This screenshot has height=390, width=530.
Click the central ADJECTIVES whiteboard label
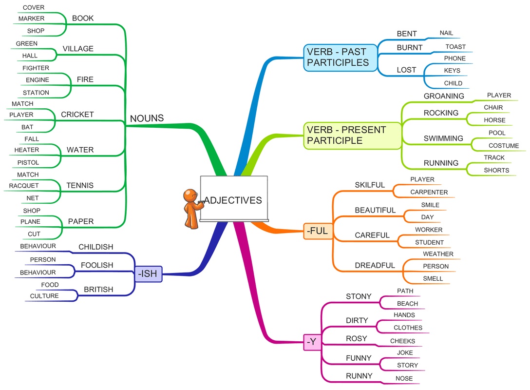pos(233,200)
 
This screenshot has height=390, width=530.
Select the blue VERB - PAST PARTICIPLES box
pos(341,57)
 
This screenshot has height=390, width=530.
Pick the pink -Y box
pos(312,343)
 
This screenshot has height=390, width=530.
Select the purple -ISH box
pos(148,274)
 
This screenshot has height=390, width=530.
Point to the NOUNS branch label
pos(147,118)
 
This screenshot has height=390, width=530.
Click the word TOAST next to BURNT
pos(455,47)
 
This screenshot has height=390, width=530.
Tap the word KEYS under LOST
pos(452,71)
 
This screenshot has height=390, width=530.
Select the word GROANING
pos(444,96)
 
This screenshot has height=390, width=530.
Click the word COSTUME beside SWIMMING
pos(504,146)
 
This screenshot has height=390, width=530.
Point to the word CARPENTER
pos(429,192)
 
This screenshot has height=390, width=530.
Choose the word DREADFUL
pos(375,266)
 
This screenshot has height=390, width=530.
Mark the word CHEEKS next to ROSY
pos(402,341)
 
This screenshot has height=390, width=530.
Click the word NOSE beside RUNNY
pos(404,378)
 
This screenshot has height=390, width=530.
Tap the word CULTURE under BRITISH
pos(44,296)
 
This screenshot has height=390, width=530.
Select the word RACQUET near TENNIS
pos(24,186)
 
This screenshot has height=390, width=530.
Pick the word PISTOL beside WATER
pos(28,162)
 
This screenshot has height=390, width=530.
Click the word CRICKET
pos(77,115)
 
